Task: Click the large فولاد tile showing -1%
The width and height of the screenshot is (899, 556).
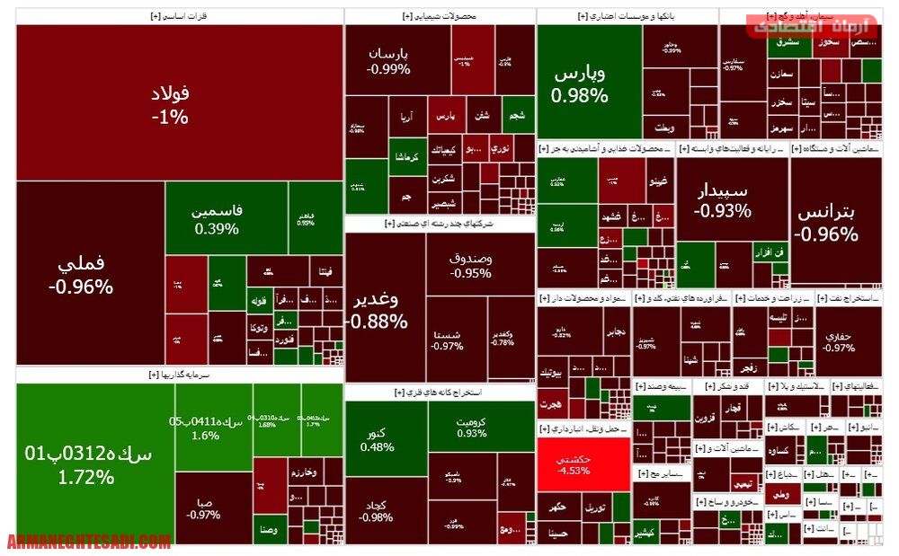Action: (171, 103)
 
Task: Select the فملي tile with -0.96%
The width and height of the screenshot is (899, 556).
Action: (81, 275)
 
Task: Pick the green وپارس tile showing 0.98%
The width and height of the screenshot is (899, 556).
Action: (580, 83)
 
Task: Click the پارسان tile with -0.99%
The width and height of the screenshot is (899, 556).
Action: (388, 60)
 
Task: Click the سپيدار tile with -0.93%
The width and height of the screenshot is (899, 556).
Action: (722, 202)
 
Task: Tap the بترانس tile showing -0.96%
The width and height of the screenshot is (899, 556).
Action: (826, 223)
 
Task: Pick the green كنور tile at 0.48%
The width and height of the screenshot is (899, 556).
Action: (378, 438)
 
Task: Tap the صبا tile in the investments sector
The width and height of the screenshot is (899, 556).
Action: (203, 508)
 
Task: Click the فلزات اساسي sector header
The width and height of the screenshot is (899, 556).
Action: (180, 16)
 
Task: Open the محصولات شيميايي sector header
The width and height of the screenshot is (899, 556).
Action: (440, 16)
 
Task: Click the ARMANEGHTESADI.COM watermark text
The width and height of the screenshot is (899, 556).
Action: (89, 542)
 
